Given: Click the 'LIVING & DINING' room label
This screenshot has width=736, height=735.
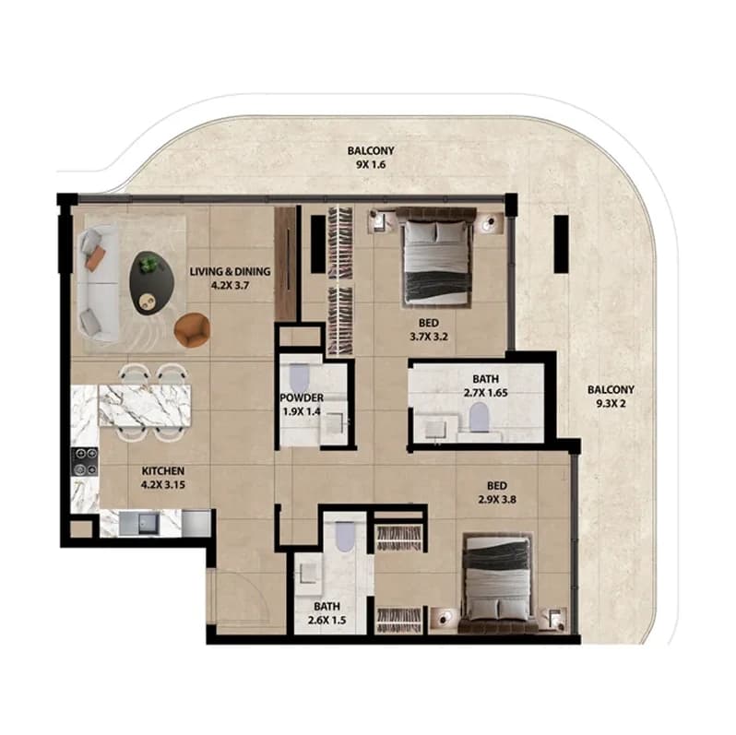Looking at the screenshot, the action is pos(230,271).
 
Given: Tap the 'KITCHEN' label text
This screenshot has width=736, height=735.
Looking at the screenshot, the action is pos(163,470).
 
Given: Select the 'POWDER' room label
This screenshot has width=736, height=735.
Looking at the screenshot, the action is pos(302,398).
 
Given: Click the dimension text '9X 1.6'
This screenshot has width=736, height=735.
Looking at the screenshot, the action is pos(371,165).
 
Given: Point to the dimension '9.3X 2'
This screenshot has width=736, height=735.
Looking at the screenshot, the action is pos(611,403).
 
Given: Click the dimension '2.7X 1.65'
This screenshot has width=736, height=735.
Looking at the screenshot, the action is pos(486,392).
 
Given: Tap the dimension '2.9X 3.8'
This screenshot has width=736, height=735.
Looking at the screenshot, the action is pos(497,500).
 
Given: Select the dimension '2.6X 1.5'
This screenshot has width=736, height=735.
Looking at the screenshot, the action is pos(327,620).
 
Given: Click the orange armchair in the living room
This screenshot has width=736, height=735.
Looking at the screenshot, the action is pos(192,329).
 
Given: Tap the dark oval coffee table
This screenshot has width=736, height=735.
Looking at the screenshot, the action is pos(152,282).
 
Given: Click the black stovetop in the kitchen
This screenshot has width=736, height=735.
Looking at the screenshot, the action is pos(85,462).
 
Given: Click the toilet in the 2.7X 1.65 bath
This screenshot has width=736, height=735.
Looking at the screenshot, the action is pos(480,417).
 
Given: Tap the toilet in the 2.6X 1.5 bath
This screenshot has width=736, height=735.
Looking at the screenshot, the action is pos(345,537).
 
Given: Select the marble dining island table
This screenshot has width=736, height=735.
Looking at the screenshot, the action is pos(145,406).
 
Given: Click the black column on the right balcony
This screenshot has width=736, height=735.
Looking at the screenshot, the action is pos(561,244).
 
